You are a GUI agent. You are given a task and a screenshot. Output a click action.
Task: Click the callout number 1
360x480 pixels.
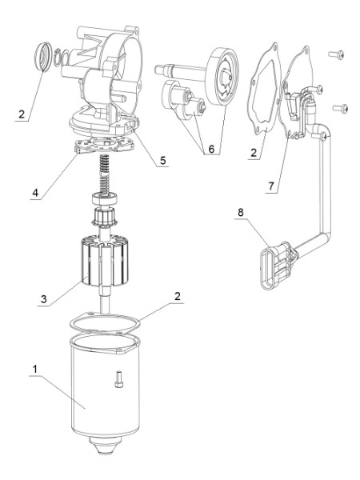[x=35, y=369]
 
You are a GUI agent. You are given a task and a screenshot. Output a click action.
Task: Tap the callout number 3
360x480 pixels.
[x=44, y=298]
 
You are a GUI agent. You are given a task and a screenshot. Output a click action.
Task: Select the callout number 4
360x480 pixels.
[x=35, y=193]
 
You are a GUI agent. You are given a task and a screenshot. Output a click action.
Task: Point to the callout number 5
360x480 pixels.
[x=163, y=160]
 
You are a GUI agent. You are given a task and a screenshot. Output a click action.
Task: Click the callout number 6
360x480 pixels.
[x=211, y=149]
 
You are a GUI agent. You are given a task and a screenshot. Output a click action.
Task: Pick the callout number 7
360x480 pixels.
[x=271, y=186]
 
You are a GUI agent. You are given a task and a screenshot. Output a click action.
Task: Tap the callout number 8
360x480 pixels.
[x=241, y=212]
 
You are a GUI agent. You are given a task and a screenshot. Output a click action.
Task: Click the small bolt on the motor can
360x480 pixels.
[x=119, y=379]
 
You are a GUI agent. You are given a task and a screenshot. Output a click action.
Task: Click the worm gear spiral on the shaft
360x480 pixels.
[x=104, y=174]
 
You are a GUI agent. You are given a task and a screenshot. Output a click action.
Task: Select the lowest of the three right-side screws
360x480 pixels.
[x=340, y=108]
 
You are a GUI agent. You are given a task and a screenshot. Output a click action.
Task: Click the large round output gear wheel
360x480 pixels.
[x=222, y=76]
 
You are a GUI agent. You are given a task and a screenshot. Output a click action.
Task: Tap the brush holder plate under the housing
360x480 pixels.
[x=105, y=145]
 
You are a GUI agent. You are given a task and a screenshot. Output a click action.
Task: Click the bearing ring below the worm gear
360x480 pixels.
[x=105, y=199]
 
